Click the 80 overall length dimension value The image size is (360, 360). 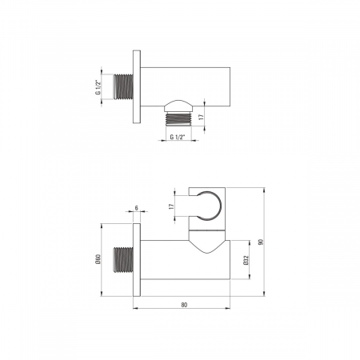(x=184, y=305)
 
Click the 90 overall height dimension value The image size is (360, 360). (x=261, y=242)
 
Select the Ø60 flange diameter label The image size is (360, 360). (x=98, y=259)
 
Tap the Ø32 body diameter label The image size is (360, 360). (x=246, y=260)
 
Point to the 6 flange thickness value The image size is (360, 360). (x=137, y=208)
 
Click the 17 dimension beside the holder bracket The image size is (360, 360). (x=171, y=206)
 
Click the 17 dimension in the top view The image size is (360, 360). (x=202, y=117)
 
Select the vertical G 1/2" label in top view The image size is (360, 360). (x=98, y=87)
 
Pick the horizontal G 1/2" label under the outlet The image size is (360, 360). (x=178, y=137)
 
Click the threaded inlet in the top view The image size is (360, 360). (x=123, y=87)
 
